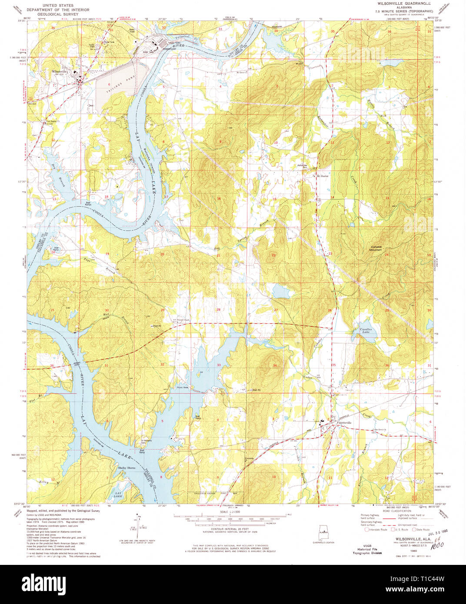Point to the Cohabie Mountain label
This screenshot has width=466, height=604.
click(373, 248)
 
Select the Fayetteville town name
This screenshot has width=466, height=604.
click(344, 422)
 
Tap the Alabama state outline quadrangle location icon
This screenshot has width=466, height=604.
click(323, 534)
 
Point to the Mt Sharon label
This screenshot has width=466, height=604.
click(322, 176)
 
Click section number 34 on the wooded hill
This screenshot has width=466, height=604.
click(275, 365)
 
